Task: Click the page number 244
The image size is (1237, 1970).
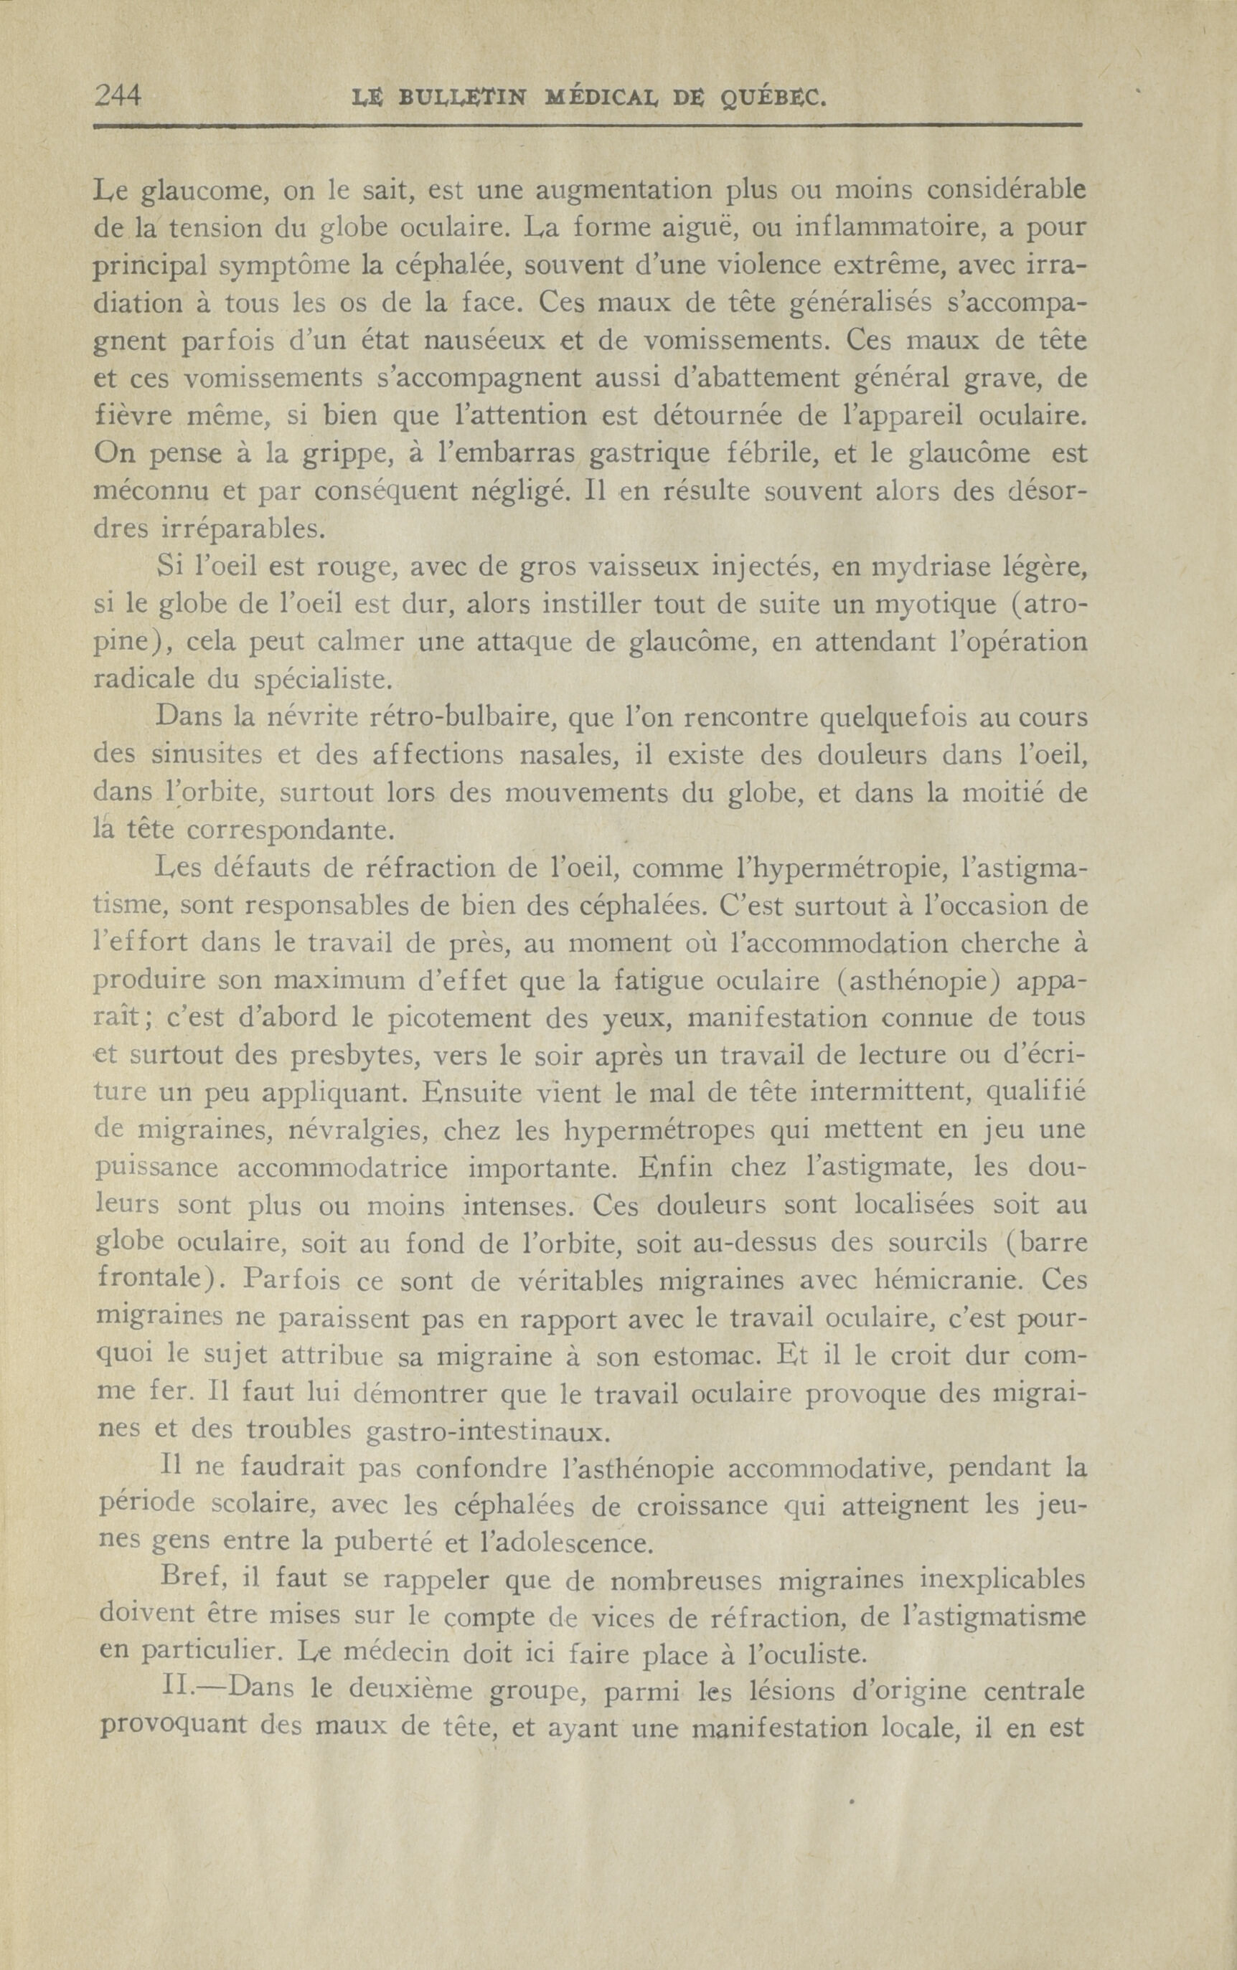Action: pos(118,97)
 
